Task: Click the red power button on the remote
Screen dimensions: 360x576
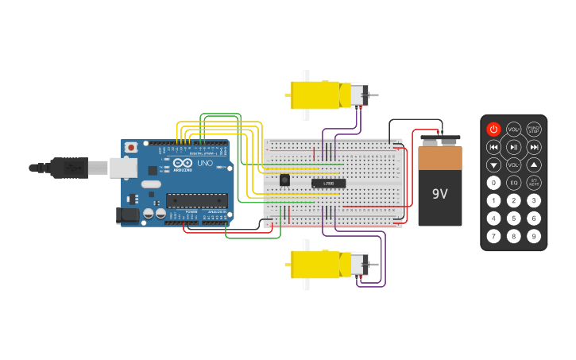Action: pos(493,129)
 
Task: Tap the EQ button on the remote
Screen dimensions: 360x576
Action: pos(514,182)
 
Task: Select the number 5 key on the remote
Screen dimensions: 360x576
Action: pos(514,218)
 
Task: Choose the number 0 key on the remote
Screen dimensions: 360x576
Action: pos(493,182)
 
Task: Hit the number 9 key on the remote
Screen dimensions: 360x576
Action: pos(534,236)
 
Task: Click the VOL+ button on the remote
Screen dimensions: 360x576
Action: pos(514,129)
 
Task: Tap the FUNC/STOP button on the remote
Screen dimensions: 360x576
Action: pos(534,129)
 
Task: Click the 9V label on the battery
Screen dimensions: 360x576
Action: pos(440,193)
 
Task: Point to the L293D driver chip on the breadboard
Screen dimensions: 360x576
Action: pos(328,184)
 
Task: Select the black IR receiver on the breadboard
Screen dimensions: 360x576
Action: pos(284,180)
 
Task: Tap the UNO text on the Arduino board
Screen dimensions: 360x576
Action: pos(205,163)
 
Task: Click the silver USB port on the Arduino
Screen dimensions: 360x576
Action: pos(122,168)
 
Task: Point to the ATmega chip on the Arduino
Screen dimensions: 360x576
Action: pos(196,200)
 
